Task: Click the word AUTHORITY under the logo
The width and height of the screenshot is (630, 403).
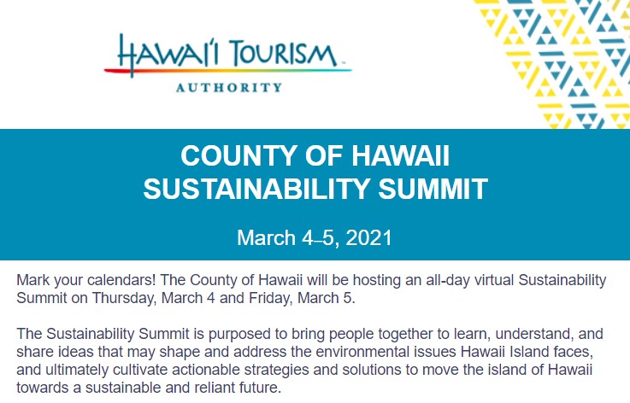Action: coord(228,87)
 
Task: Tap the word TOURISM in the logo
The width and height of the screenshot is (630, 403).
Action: coord(283,54)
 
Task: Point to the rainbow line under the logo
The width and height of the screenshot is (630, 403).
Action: coord(228,71)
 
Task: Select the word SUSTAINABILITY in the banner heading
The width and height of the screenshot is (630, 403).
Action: coord(256,189)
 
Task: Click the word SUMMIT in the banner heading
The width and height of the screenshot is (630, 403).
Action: coord(433,189)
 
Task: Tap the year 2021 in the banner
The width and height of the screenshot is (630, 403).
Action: coord(368,237)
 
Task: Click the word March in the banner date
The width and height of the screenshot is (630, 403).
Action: coord(267,237)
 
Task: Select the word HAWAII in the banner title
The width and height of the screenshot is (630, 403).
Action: coord(401,155)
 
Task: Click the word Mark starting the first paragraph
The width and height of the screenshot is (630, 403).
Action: coord(33,280)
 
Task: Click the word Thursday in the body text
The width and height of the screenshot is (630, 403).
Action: coord(124,298)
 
